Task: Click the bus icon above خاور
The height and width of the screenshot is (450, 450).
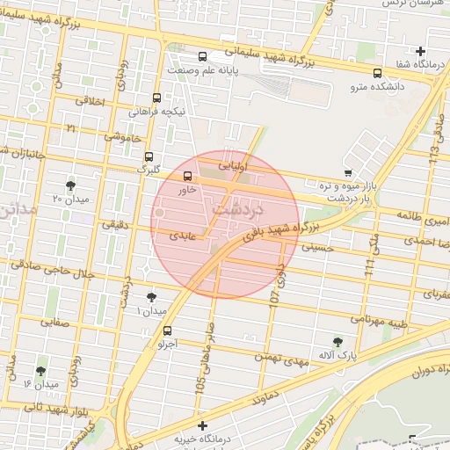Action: click(x=185, y=176)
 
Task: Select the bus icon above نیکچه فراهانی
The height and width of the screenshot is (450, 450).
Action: click(x=156, y=98)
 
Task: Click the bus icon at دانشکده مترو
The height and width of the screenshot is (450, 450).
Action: click(x=377, y=73)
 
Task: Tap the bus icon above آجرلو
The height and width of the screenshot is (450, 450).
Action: click(x=167, y=330)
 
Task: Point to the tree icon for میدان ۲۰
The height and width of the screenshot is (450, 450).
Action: click(x=70, y=185)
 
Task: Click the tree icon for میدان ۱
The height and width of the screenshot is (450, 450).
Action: click(x=151, y=297)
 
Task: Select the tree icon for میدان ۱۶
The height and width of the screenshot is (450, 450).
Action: click(x=40, y=371)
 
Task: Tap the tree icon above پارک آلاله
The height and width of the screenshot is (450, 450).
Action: click(x=337, y=341)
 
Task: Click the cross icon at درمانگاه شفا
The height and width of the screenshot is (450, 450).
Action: click(x=421, y=51)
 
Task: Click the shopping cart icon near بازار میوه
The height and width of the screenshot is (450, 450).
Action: click(x=349, y=172)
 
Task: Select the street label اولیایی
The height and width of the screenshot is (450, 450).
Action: click(x=234, y=164)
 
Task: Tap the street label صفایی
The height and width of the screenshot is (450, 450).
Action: click(x=50, y=323)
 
